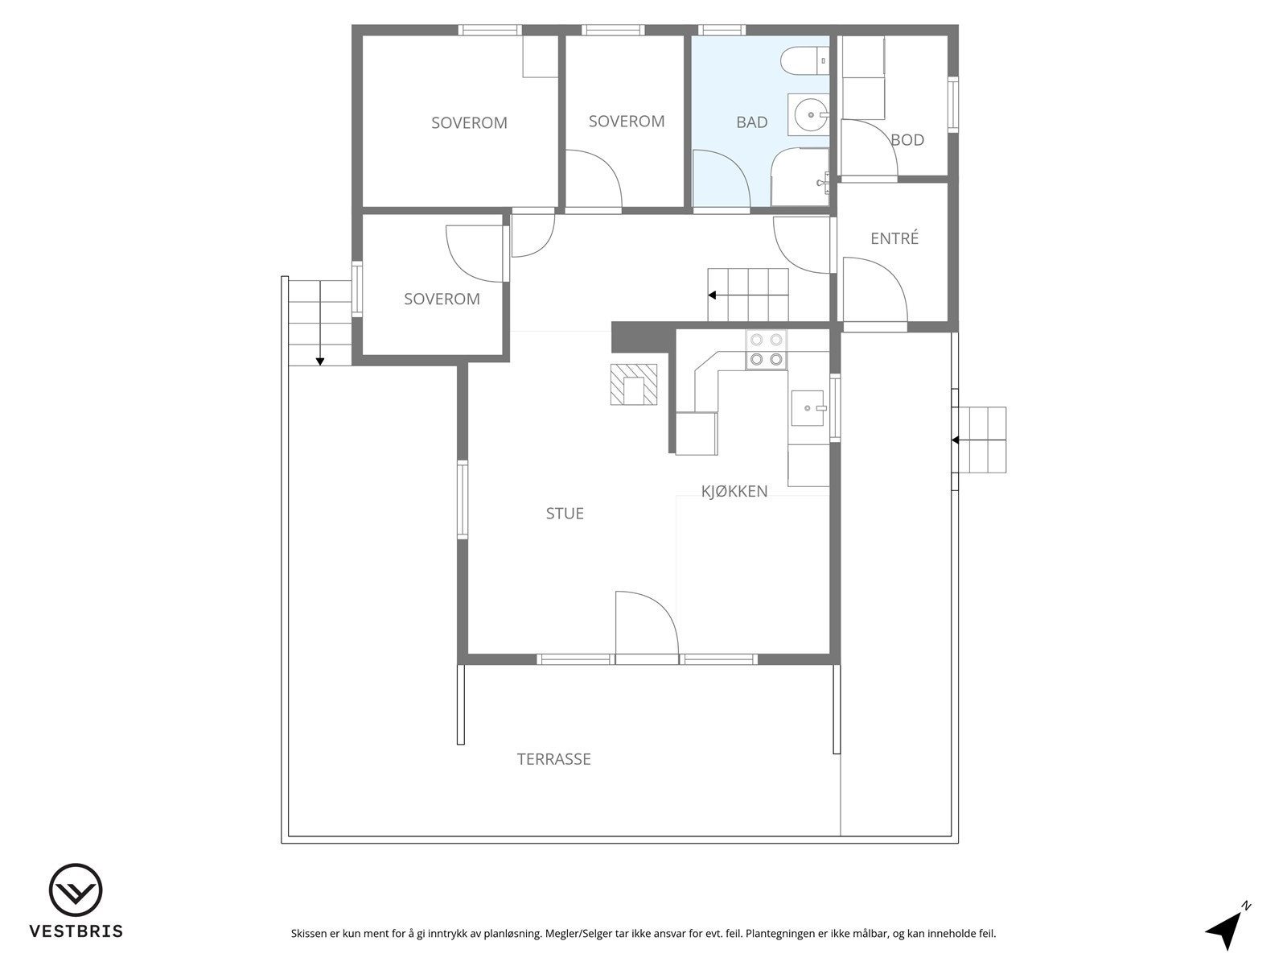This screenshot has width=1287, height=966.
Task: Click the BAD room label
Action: tap(751, 122)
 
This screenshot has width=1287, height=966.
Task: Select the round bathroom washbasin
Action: tap(807, 114)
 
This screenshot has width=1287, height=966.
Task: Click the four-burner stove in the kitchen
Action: tap(765, 349)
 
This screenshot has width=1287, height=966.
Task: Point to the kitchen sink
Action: tap(807, 407)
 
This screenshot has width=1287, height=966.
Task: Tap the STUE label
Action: tap(565, 514)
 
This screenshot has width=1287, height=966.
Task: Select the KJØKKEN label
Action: tap(734, 491)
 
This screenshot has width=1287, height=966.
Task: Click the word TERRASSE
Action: tap(553, 759)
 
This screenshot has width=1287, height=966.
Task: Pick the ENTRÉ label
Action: tap(894, 238)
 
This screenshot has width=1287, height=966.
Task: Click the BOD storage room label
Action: tap(907, 140)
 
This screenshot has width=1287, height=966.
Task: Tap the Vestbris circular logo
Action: tap(76, 890)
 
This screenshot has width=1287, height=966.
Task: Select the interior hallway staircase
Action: tap(747, 295)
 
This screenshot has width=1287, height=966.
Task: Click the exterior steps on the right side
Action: tap(980, 440)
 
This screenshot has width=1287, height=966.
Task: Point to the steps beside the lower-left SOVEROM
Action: tap(319, 322)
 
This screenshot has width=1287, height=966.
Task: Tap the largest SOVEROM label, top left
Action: tap(469, 123)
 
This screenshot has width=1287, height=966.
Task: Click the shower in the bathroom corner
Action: tap(800, 178)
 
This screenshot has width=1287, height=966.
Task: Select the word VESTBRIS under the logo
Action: tap(76, 931)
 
